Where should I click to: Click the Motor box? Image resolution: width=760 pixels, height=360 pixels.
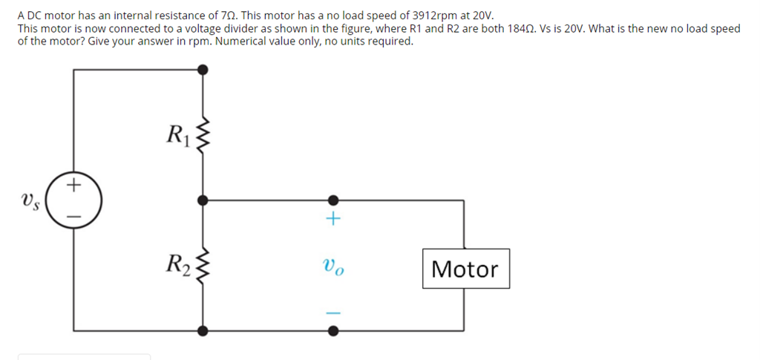point(465,269)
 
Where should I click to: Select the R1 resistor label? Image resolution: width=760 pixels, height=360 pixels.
point(178,134)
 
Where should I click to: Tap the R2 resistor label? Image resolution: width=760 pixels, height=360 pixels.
point(178,263)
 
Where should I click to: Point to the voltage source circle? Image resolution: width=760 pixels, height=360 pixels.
point(73,199)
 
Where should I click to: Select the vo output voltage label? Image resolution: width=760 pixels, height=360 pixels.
point(333,265)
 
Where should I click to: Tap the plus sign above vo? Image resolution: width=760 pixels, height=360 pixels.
point(333,219)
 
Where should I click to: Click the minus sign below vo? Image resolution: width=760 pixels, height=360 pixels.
point(333,312)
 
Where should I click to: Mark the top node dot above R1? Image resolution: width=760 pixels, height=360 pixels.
point(203,70)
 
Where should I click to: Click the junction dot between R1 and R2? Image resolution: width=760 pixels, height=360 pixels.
point(203,200)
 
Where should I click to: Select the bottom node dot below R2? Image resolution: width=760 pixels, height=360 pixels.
point(203,328)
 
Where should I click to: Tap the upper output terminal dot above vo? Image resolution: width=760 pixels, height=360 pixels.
point(333,200)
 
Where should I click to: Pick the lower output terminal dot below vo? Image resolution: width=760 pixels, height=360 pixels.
point(333,328)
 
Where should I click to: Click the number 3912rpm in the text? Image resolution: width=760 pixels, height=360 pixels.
point(435,16)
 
